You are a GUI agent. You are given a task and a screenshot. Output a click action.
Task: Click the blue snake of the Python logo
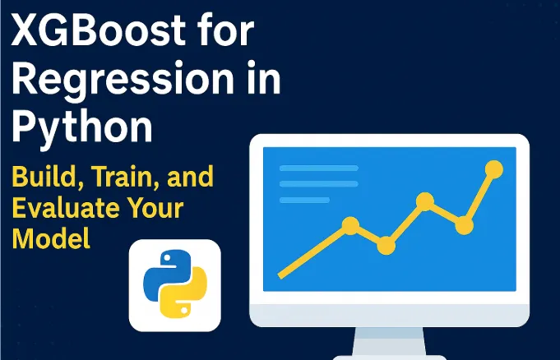tap(165, 272)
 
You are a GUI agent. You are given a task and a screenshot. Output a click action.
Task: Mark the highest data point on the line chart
tap(493, 170)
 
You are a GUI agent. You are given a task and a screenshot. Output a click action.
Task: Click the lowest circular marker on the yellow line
tap(386, 245)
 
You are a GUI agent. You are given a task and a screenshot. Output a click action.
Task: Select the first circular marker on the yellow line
tap(350, 224)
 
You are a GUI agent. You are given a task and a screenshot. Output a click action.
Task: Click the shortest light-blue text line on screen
tap(304, 200)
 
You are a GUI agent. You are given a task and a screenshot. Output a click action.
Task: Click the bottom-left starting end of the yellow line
tap(282, 275)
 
